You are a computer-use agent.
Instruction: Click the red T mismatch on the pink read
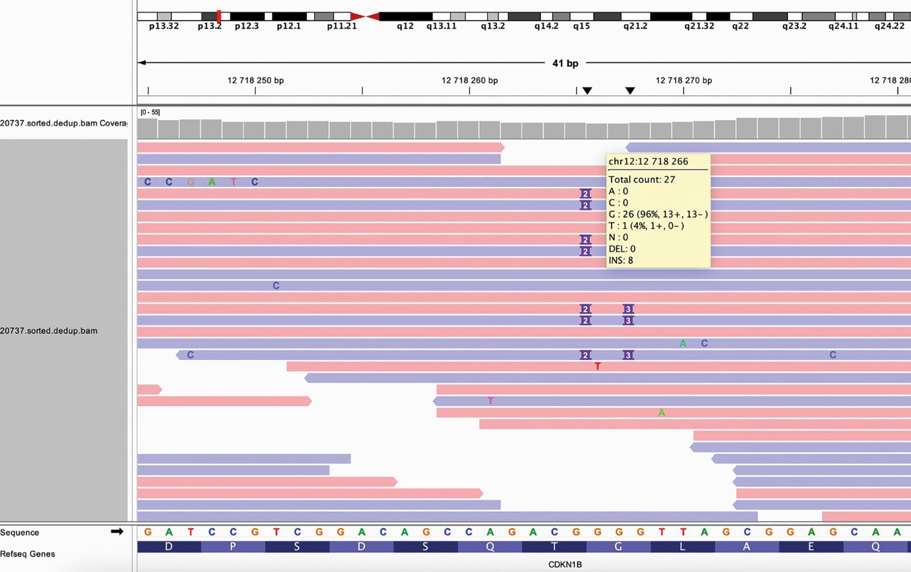[597, 366]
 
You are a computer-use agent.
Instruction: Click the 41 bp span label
[565, 63]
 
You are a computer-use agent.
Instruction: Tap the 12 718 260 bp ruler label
[470, 80]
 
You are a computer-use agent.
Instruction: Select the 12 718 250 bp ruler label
[255, 80]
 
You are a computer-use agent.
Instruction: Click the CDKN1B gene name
[565, 564]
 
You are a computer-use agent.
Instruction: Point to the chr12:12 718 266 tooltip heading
[648, 161]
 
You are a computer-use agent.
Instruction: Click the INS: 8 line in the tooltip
[621, 260]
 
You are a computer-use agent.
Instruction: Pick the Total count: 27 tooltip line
[642, 180]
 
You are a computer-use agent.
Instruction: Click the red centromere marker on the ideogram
[365, 16]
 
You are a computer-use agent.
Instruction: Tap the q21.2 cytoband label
[635, 26]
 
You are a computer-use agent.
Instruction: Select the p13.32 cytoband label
[163, 26]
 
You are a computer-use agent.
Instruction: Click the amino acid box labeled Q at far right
[875, 547]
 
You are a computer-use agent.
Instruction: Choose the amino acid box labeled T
[554, 547]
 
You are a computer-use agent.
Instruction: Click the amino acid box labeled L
[683, 547]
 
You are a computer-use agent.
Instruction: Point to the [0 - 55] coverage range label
[150, 113]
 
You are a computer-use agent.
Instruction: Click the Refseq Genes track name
[27, 554]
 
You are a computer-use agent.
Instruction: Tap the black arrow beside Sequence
[117, 531]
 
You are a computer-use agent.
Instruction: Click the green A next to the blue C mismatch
[683, 344]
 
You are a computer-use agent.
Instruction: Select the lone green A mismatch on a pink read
[662, 413]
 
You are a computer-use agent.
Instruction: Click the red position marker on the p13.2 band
[219, 16]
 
